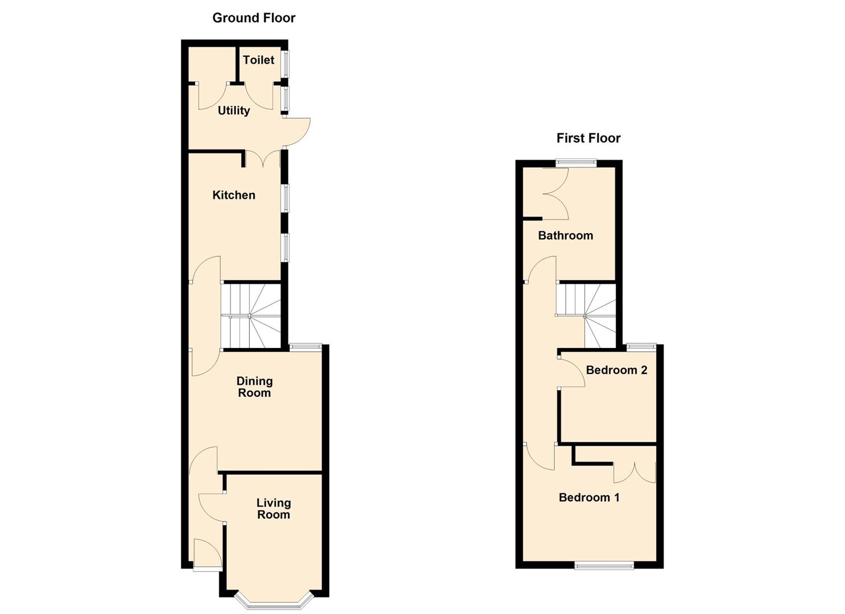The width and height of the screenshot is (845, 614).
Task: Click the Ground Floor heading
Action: [x=254, y=18]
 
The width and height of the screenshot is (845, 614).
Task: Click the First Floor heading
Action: [x=588, y=138]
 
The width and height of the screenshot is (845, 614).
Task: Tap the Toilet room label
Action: [x=258, y=60]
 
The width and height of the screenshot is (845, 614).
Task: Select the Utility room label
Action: [x=234, y=111]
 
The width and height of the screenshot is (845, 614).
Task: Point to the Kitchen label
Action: [x=234, y=196]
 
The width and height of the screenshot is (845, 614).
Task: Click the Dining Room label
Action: [x=254, y=387]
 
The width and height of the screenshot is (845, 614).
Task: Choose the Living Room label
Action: [x=274, y=509]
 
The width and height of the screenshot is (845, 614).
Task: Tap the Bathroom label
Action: [x=566, y=236]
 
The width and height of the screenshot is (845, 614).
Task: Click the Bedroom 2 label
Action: [x=616, y=371]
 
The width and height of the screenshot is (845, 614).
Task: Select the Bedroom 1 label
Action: [x=589, y=498]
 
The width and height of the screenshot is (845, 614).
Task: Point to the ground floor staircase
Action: [x=251, y=316]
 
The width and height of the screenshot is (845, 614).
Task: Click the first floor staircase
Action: [x=586, y=316]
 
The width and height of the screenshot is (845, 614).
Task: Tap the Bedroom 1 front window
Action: [x=604, y=565]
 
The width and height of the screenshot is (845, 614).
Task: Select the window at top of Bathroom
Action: [x=576, y=163]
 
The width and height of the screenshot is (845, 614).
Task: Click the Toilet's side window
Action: [x=286, y=64]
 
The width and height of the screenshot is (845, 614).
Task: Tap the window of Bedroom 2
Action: [x=641, y=346]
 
